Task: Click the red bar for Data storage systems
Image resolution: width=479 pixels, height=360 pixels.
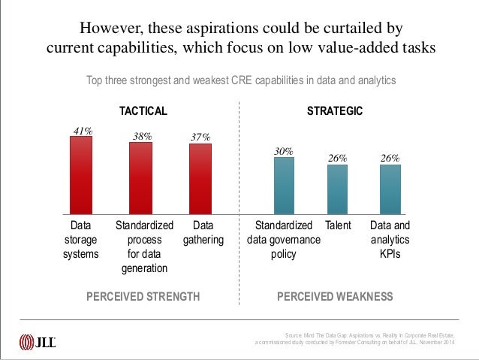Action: [x=81, y=174]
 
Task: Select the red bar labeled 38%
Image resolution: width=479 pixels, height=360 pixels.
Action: [x=140, y=177]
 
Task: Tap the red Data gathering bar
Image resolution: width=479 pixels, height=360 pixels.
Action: [x=200, y=178]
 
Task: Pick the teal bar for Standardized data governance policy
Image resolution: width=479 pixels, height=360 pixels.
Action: [x=283, y=185]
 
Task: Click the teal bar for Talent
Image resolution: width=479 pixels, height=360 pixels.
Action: [x=337, y=189]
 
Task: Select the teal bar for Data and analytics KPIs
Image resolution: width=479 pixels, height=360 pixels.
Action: [x=390, y=189]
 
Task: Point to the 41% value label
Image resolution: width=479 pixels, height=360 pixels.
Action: [x=82, y=131]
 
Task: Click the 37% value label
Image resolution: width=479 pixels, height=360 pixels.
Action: [x=200, y=137]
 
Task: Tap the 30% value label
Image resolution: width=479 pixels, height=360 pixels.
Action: [x=283, y=151]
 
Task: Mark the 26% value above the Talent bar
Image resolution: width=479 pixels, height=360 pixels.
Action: [x=337, y=158]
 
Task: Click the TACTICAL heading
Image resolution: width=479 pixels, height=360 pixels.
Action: [x=143, y=111]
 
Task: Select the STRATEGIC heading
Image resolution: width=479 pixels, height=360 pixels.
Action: [x=335, y=111]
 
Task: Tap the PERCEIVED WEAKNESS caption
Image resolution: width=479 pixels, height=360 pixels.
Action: [x=335, y=296]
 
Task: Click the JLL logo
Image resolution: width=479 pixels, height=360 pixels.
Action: [x=38, y=342]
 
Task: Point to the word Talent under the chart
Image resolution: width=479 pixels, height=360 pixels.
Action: [x=338, y=225]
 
